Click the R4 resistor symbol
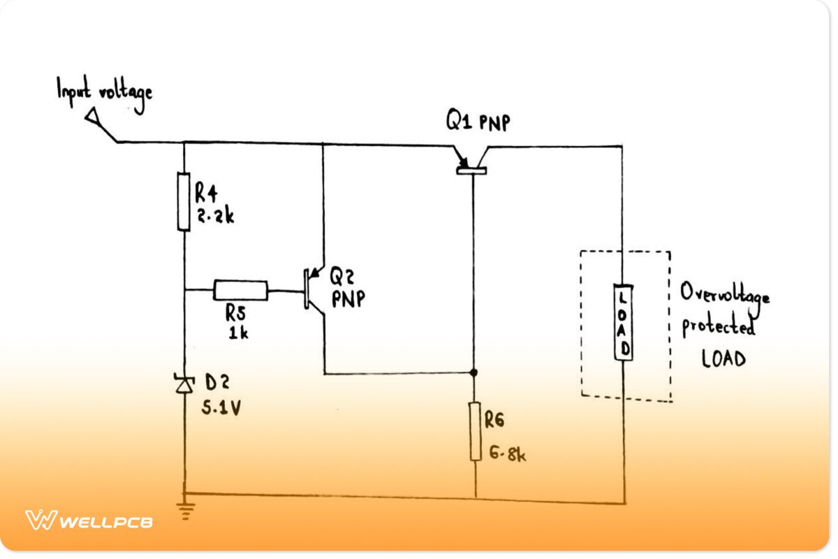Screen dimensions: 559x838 tap(184, 203)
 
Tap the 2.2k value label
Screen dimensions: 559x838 tap(214, 217)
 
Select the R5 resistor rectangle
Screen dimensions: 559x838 tap(240, 290)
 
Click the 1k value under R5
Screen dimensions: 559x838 tap(239, 333)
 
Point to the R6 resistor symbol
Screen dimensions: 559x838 tap(476, 431)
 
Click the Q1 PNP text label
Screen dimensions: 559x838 tap(478, 123)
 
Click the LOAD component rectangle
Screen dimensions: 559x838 tap(624, 321)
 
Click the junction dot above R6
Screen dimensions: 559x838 tap(474, 372)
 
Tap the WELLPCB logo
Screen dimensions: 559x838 tap(89, 521)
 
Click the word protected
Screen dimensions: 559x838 tap(718, 327)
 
